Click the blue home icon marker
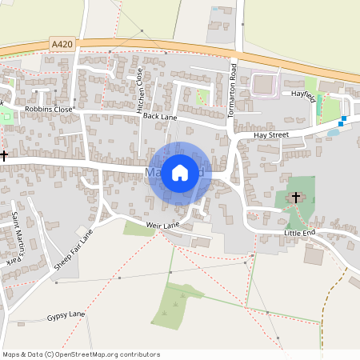click(180, 172)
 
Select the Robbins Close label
click(49, 108)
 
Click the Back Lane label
click(159, 117)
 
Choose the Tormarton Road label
click(234, 90)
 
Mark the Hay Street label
click(271, 136)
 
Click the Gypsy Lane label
click(65, 315)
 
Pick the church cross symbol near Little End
click(295, 197)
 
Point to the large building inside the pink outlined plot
click(263, 84)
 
